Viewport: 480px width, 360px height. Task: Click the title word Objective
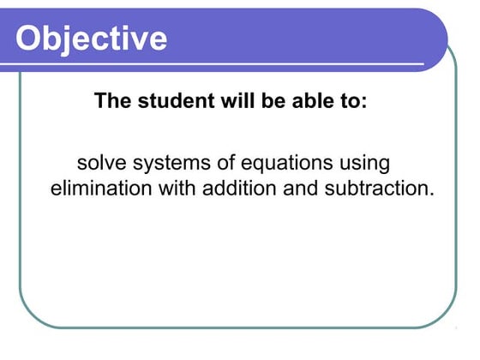(x=92, y=38)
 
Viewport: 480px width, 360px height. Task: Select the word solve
(x=100, y=163)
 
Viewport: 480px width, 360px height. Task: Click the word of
(x=218, y=163)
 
